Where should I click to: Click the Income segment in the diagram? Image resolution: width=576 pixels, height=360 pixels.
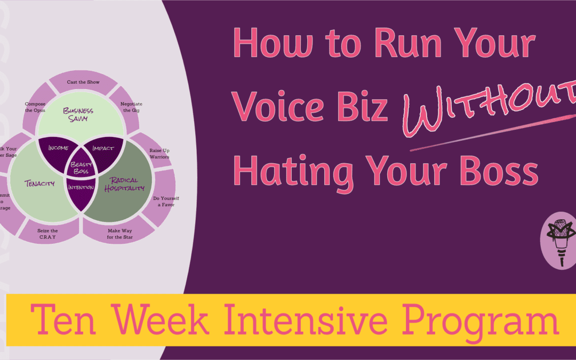tap(58, 147)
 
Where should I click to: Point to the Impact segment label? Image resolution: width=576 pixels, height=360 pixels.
tap(103, 147)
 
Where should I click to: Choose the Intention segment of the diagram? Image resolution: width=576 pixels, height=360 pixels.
tap(81, 187)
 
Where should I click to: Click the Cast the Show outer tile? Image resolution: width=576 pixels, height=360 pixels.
tap(83, 82)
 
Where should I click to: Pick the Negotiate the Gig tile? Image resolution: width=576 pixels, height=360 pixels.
tap(131, 106)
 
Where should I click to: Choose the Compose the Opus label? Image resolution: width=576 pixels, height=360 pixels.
tap(35, 107)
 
